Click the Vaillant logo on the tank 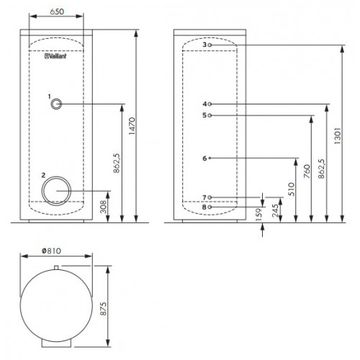[x=55, y=56]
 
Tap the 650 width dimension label [x=57, y=12]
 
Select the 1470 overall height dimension [x=132, y=126]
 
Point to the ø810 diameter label [x=51, y=251]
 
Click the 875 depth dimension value [x=103, y=309]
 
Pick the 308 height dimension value [x=103, y=207]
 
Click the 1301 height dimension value [x=337, y=136]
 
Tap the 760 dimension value [x=307, y=171]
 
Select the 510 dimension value [x=291, y=189]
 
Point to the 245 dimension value [x=275, y=210]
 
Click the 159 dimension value [x=258, y=215]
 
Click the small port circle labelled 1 [x=56, y=104]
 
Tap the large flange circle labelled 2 [x=56, y=191]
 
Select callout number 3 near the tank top [x=204, y=45]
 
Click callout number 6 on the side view [x=204, y=158]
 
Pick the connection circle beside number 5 [x=210, y=115]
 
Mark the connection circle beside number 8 [x=210, y=207]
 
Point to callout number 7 [x=204, y=197]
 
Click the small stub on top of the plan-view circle [x=56, y=268]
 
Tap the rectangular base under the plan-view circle [x=56, y=343]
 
